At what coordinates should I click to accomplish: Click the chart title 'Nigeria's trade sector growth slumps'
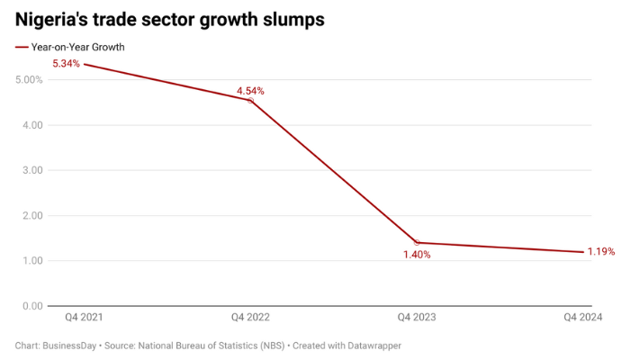coord(169,18)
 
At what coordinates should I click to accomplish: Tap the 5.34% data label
coord(67,64)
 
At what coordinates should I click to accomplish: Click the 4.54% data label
coord(250,91)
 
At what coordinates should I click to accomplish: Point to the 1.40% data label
coord(416,255)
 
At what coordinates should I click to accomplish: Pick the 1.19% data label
coord(601,252)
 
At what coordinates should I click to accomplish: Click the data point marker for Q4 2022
coord(250,101)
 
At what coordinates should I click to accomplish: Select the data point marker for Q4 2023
coord(417,243)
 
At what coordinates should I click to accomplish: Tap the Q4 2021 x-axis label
coord(84,318)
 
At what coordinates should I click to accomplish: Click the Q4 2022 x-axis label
coord(250,318)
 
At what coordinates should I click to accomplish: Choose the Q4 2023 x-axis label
coord(417,318)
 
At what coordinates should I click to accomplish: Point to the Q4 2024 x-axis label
coord(582,318)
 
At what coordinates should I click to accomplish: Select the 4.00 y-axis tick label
coord(30,125)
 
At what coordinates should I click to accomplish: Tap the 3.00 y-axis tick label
coord(30,170)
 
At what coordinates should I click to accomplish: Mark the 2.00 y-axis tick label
coord(30,216)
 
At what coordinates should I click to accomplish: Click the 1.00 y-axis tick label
coord(30,261)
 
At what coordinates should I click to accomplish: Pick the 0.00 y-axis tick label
coord(30,306)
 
